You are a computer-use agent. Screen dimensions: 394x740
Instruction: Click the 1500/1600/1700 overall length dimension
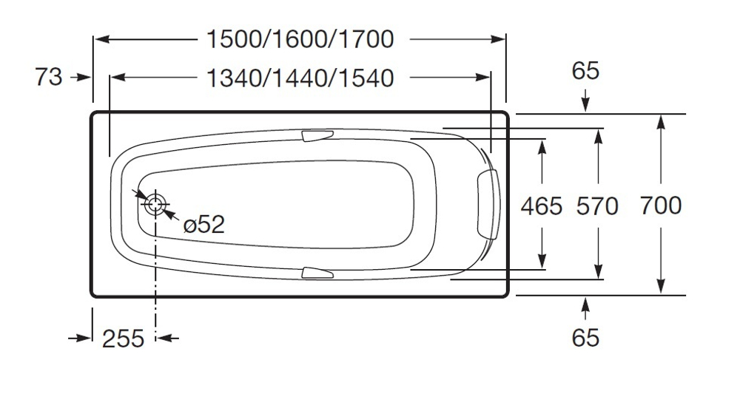click(300, 39)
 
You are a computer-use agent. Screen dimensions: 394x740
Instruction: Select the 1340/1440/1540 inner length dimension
click(300, 77)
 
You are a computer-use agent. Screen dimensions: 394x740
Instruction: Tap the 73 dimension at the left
click(49, 76)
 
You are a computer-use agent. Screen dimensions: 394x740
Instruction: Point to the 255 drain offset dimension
click(123, 339)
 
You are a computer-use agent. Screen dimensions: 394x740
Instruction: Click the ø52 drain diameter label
click(203, 224)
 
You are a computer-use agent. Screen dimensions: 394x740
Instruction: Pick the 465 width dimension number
click(542, 206)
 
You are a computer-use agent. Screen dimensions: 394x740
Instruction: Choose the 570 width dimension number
click(596, 206)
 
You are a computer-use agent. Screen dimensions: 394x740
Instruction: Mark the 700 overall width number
click(661, 205)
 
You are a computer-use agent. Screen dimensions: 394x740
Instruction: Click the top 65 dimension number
click(585, 71)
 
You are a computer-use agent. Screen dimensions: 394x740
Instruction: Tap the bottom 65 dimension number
click(585, 338)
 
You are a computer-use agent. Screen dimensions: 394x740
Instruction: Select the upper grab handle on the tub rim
click(317, 135)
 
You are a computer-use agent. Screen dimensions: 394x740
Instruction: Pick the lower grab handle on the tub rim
click(317, 273)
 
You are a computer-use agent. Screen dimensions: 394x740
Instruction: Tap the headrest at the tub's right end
click(488, 205)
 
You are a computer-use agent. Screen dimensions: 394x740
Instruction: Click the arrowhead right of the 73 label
click(84, 76)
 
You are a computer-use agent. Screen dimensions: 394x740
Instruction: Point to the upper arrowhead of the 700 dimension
click(661, 123)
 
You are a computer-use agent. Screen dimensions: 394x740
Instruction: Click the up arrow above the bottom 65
click(585, 304)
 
